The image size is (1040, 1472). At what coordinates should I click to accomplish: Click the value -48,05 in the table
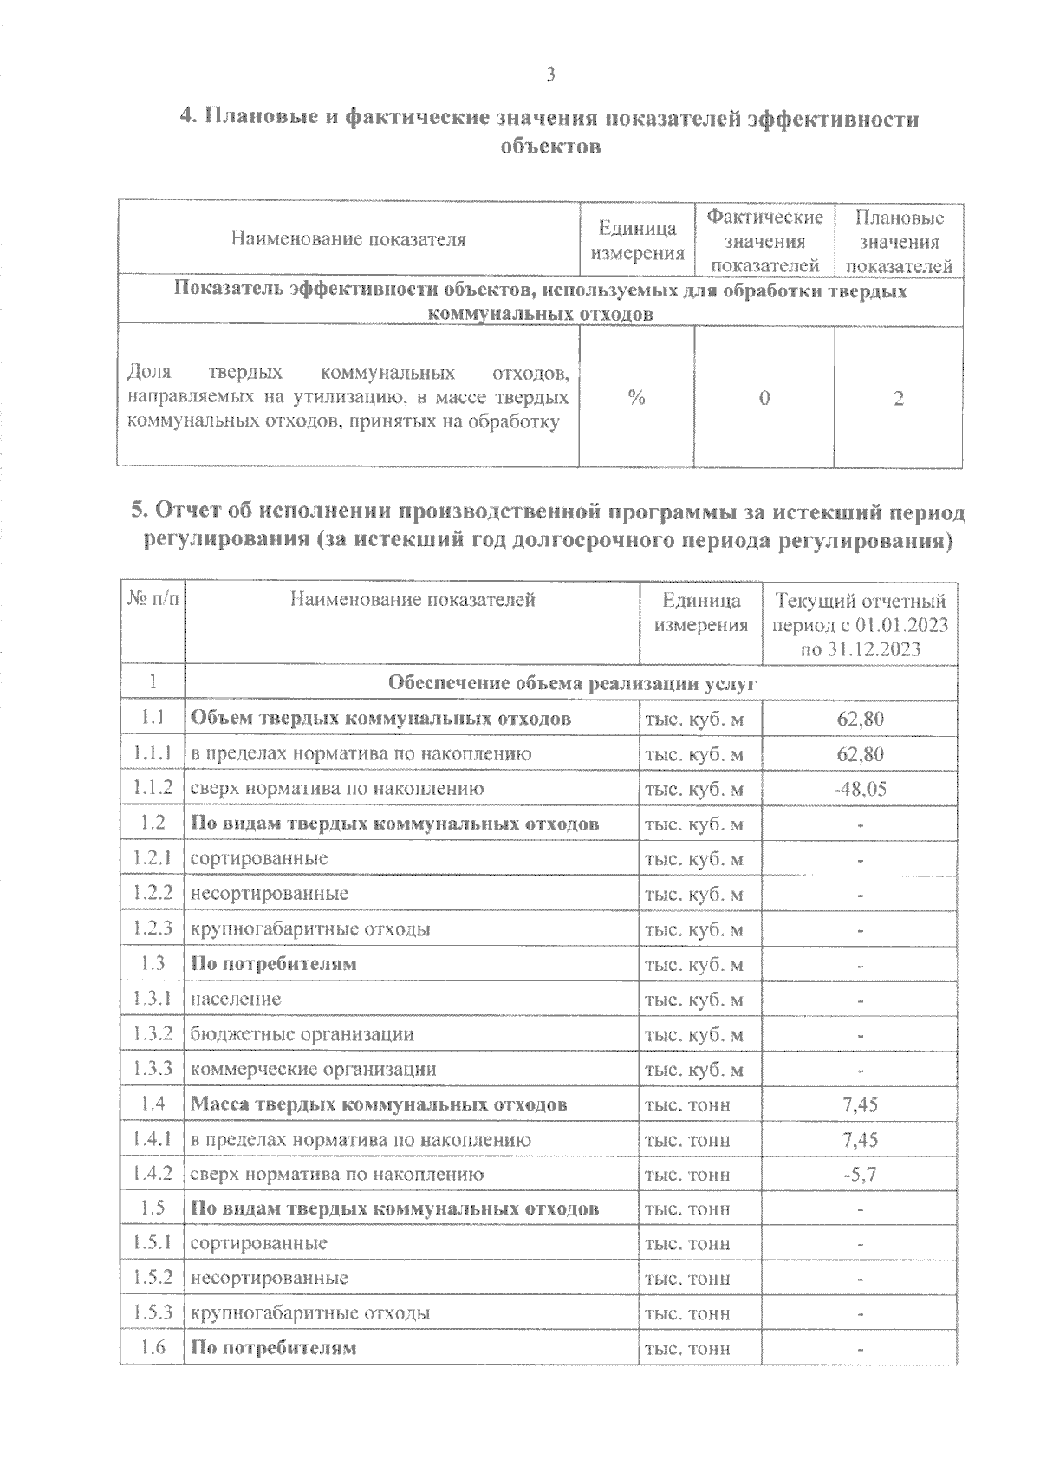pos(860,789)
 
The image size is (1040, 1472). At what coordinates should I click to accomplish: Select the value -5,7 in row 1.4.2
pos(860,1175)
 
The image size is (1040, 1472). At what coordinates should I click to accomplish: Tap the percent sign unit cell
pos(637,398)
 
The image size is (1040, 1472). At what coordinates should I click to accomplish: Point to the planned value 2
pos(899,398)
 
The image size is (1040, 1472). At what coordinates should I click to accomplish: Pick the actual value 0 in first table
pos(764,398)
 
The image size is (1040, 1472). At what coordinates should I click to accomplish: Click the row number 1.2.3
pos(153,928)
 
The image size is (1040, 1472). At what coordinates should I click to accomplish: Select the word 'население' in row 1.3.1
pos(236,999)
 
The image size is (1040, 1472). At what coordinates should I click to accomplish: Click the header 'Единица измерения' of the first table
pos(637,241)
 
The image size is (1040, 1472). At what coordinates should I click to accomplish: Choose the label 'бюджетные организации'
pos(302,1034)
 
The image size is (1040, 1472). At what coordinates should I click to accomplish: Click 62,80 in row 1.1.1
pos(860,754)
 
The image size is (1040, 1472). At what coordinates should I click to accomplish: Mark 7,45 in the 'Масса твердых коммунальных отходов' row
pos(860,1104)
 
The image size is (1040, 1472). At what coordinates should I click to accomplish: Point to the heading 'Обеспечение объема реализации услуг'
pos(572,684)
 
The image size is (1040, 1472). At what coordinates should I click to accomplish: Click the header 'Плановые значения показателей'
pos(899,242)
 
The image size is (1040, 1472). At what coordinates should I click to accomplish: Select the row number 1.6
pos(153,1348)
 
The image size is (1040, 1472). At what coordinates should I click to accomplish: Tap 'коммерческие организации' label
pos(313,1069)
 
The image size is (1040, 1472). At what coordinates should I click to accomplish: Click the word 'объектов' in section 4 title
pos(550,147)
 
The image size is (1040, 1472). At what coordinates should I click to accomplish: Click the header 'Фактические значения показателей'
pos(764,241)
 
